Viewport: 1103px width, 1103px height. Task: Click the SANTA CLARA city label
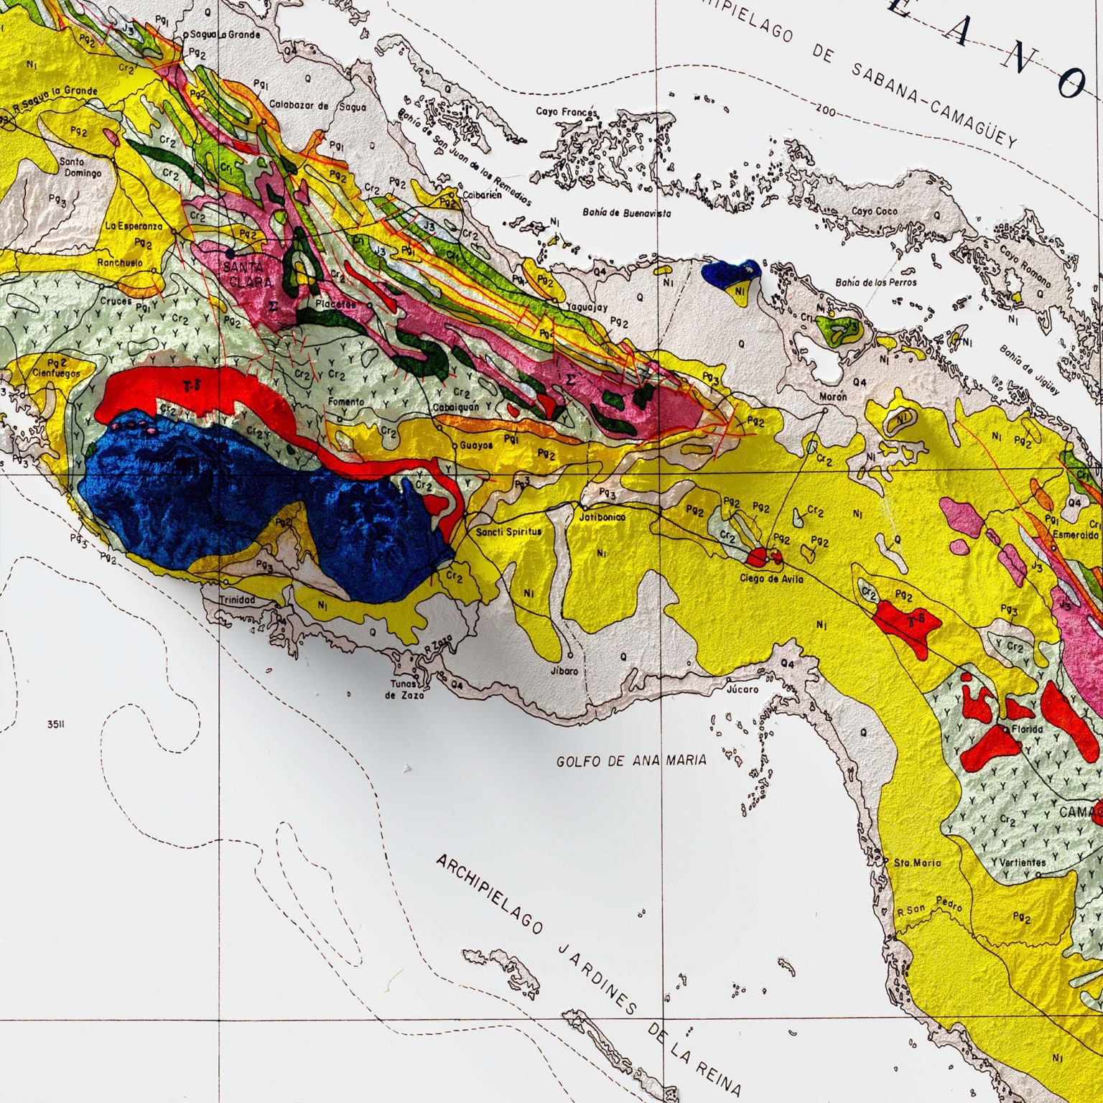tap(248, 274)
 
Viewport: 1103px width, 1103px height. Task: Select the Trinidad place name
tap(237, 600)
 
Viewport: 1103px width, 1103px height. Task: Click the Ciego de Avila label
tap(771, 579)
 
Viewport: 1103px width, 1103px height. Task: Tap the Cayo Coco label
tap(875, 212)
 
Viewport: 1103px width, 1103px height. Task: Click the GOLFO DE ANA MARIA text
tap(631, 760)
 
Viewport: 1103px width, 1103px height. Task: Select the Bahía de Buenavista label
tap(627, 213)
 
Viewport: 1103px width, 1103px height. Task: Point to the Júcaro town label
tap(743, 689)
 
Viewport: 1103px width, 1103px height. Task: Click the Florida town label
tap(1027, 730)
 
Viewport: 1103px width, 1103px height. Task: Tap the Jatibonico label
tap(602, 517)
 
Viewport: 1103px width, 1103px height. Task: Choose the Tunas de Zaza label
tap(404, 689)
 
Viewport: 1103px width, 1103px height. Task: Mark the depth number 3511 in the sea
tap(56, 725)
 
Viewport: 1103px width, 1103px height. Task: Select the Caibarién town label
tap(482, 195)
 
